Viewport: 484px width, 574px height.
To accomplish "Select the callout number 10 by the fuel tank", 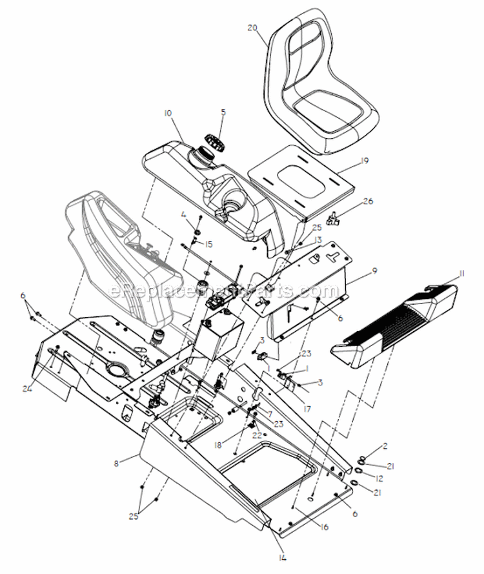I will point(168,113).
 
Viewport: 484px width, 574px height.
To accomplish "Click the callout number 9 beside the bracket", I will point(376,271).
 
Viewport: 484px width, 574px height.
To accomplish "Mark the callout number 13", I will point(318,240).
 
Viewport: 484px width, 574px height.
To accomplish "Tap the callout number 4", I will point(183,215).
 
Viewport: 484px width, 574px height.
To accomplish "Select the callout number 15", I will point(208,244).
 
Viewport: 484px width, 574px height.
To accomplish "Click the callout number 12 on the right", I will point(380,478).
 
